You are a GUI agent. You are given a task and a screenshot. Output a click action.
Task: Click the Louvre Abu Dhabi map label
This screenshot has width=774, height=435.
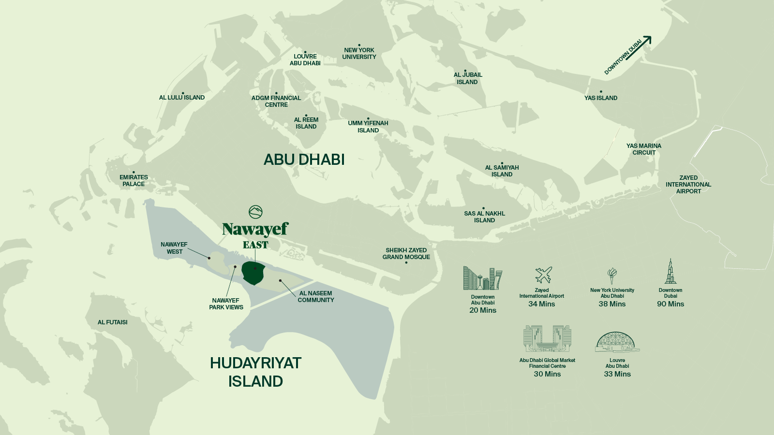pos(305,60)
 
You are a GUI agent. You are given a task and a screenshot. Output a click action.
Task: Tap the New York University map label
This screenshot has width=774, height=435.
pos(359,54)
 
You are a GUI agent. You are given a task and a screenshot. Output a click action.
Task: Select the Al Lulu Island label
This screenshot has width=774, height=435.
pos(182,98)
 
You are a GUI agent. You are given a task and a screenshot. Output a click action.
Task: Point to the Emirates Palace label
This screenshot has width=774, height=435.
pos(134,181)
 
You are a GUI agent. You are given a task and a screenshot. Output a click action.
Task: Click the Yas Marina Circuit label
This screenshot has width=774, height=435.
pos(643,149)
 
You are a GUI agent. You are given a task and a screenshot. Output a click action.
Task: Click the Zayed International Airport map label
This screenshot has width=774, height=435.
pos(688,185)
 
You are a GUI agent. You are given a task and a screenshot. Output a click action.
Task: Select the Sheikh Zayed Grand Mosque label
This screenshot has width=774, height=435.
pos(406,254)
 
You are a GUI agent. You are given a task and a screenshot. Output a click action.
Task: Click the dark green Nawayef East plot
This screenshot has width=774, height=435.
pos(253,274)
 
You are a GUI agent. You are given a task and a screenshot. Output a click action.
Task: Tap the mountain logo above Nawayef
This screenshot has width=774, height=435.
pos(255,212)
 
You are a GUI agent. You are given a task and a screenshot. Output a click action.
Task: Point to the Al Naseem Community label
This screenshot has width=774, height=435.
pos(315,297)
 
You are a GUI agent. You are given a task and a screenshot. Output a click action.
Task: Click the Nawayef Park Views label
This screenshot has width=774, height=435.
pos(226,304)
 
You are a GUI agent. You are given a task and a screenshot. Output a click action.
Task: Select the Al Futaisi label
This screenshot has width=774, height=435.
pos(112,322)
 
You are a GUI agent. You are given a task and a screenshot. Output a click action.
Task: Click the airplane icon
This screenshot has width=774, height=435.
pos(543,275)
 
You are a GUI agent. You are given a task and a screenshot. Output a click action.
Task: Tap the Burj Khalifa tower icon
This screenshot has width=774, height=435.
pos(670,272)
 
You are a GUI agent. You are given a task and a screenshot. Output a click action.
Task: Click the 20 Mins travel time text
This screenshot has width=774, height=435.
pos(482,310)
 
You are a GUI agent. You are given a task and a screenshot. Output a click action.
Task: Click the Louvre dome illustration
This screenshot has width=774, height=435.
pos(616,342)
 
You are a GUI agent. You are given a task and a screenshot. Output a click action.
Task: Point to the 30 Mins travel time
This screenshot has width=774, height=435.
pos(547,374)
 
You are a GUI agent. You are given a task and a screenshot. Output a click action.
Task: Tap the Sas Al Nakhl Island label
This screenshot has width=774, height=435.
pos(484,217)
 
